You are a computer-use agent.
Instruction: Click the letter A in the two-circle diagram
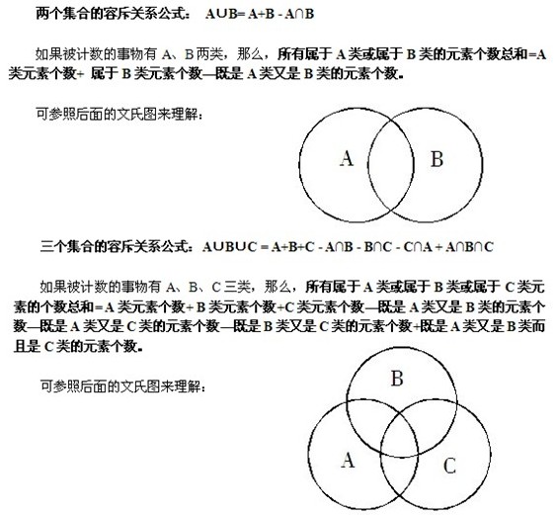coord(346,158)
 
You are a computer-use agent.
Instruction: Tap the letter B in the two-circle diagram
coord(437,159)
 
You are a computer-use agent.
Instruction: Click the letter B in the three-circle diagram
coord(397,379)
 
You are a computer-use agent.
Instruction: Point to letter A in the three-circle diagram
coord(347,460)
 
